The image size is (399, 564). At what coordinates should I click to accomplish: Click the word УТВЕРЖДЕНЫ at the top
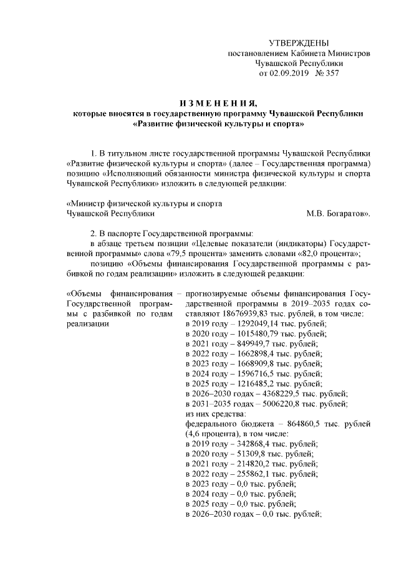[x=298, y=43]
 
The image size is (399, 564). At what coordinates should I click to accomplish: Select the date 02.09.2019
[x=289, y=73]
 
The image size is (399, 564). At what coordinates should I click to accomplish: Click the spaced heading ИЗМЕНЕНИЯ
[x=217, y=103]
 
